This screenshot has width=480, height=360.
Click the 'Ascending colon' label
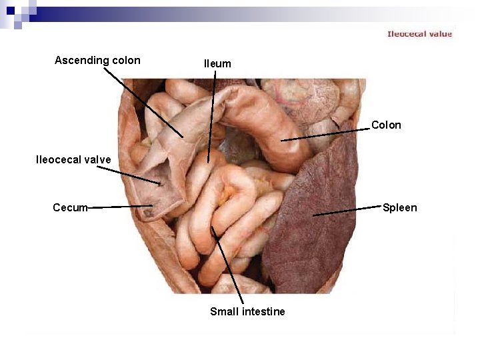coord(97,61)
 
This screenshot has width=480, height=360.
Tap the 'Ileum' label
coord(217,64)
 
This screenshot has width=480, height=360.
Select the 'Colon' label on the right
coord(386,125)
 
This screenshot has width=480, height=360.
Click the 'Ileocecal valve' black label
coord(73,160)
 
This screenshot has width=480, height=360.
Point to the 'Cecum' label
coord(70,207)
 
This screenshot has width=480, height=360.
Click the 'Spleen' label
coord(399,207)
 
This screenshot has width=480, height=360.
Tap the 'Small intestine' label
coord(247,311)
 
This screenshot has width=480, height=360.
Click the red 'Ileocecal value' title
coord(419,34)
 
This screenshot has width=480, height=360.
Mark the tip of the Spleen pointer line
coord(313,215)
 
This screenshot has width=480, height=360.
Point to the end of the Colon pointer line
coord(281,141)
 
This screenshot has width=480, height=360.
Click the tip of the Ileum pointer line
coord(208,162)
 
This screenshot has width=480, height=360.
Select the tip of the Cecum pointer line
coord(153,206)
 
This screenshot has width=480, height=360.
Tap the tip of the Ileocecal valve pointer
coord(161,183)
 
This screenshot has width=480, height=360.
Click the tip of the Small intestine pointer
coord(212,227)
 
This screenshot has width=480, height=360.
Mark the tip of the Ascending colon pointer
coord(183,137)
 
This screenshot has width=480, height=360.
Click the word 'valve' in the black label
coord(97,160)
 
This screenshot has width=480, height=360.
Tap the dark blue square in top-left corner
coord(10,10)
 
